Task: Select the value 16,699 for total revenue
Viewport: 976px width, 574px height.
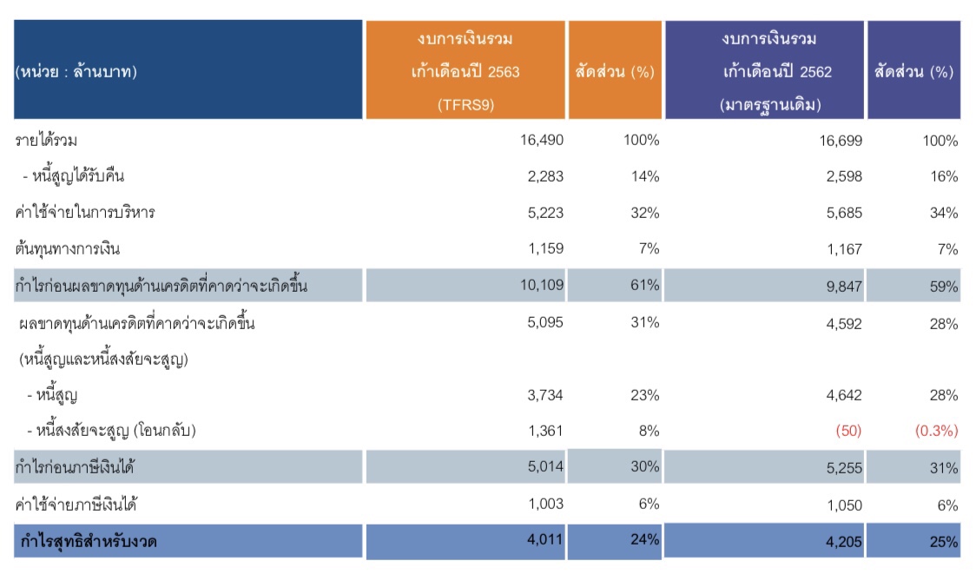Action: click(x=840, y=141)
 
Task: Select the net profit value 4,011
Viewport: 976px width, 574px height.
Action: click(x=545, y=539)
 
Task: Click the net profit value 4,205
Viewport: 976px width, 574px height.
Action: click(x=843, y=543)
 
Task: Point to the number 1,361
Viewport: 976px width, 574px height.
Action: click(x=547, y=431)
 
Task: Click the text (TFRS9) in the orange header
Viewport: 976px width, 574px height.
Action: click(x=467, y=104)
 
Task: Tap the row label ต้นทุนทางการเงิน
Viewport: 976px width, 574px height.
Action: click(x=68, y=249)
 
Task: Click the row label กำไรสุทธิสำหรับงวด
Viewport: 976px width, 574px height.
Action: click(x=89, y=543)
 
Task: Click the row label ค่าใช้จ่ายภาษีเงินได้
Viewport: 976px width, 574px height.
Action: click(x=78, y=505)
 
